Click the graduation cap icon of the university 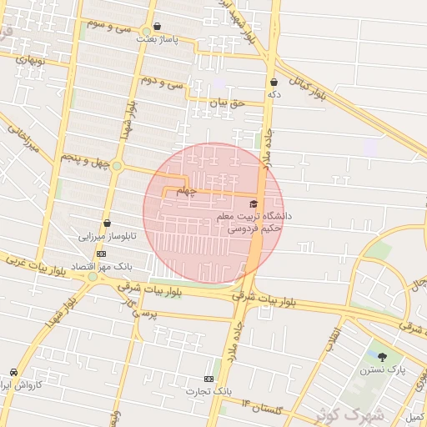[x=254, y=203]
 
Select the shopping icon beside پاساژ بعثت [x=158, y=27]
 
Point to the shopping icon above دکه [x=274, y=82]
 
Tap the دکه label [x=273, y=95]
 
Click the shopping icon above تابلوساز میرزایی [x=107, y=224]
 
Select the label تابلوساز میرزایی [x=107, y=237]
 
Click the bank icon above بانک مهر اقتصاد [x=101, y=254]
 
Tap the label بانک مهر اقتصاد [x=100, y=266]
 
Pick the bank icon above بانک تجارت [x=208, y=379]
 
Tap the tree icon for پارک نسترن [x=382, y=358]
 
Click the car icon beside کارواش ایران [x=13, y=372]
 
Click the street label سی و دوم [x=162, y=81]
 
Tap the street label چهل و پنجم [x=85, y=158]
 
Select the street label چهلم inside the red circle [x=187, y=191]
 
